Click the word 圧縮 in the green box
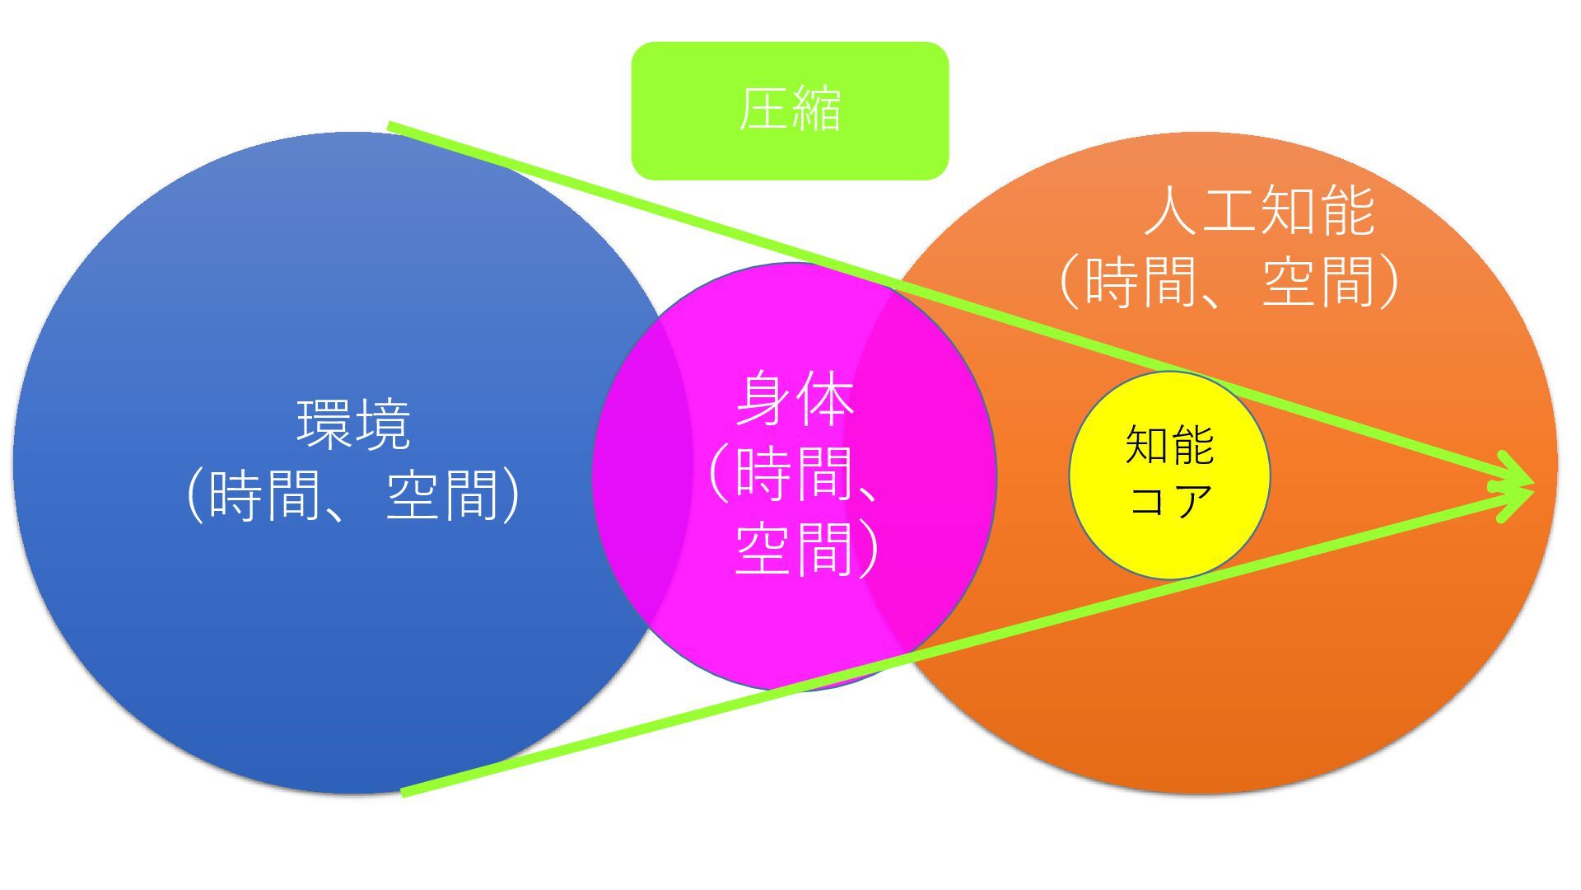pos(790,110)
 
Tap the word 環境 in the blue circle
pos(353,424)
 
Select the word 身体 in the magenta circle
pos(795,400)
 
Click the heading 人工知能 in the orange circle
pos(1260,211)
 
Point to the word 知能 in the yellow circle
pos(1169,445)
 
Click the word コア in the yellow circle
pos(1169,499)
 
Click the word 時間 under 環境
pos(265,495)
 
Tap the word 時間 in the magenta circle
pos(793,474)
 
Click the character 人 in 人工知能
pos(1173,211)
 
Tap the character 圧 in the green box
pos(762,110)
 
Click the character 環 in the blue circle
pos(324,424)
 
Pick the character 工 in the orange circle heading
pos(1230,211)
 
